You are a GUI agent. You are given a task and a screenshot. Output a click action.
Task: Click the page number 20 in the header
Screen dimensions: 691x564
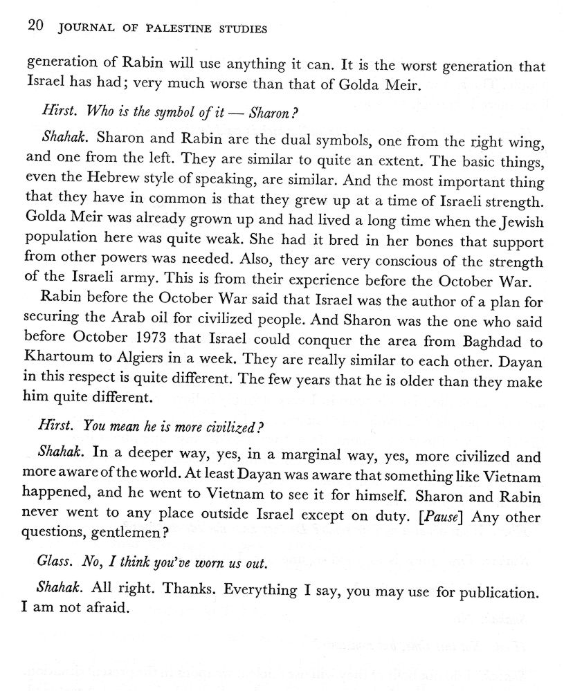click(x=35, y=28)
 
